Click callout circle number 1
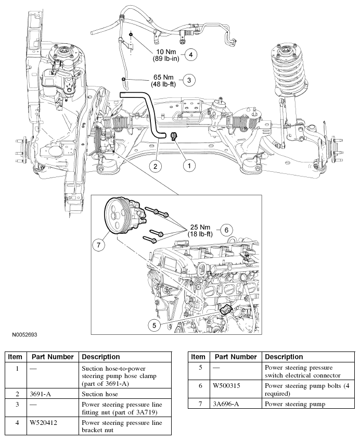coord(189,165)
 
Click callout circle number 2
coord(155,166)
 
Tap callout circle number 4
coord(190,54)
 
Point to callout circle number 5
coord(154,325)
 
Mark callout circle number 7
coord(101,243)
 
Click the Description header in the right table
coord(284,357)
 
